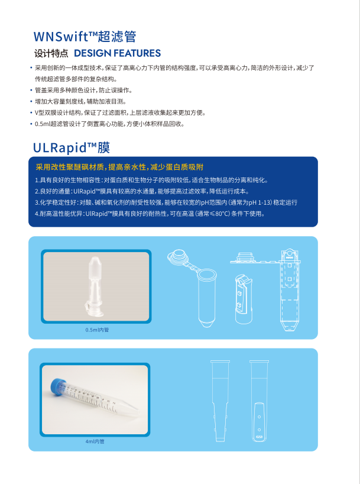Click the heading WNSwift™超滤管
click(85, 37)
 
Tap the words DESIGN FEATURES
click(117, 53)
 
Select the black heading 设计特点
click(51, 53)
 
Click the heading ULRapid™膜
click(72, 147)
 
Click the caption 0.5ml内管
click(97, 330)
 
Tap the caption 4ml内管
click(95, 441)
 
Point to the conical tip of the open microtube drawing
click(207, 324)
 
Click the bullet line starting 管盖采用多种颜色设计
click(83, 91)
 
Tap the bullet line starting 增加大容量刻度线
click(80, 102)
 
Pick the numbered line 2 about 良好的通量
click(142, 191)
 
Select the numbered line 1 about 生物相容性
click(151, 180)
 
